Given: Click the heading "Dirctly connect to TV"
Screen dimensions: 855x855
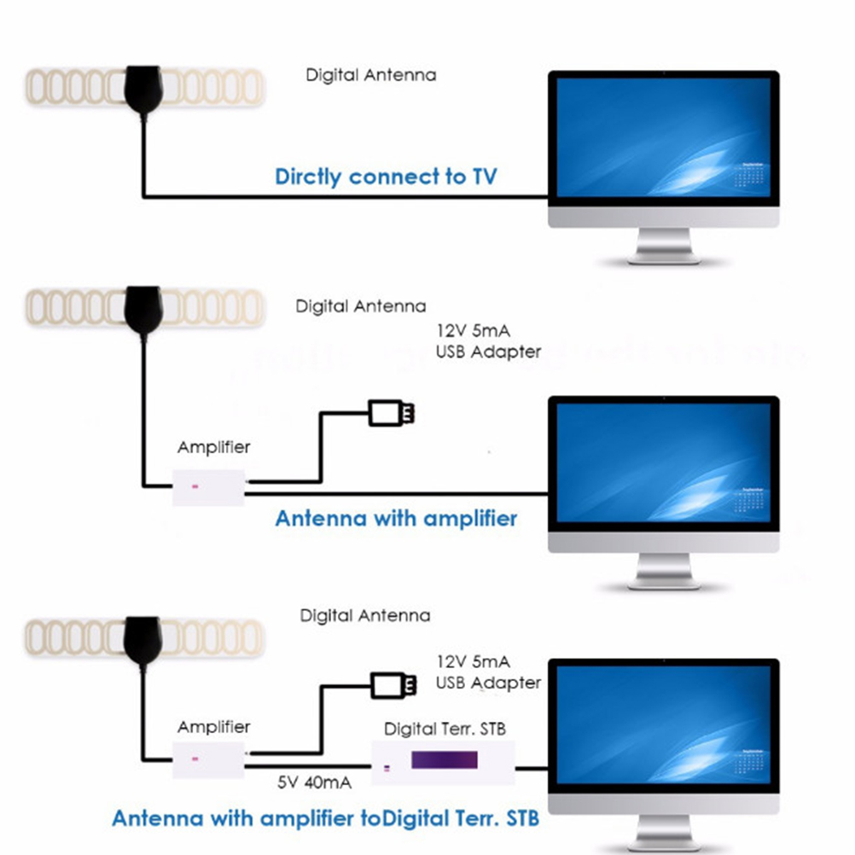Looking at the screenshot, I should point(386,177).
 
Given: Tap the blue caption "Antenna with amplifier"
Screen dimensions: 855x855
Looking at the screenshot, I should point(396,518).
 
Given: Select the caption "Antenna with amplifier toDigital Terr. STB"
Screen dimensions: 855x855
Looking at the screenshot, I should point(325,818).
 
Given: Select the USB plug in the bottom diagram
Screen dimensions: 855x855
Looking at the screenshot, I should point(394,684).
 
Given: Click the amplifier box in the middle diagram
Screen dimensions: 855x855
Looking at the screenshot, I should point(210,487).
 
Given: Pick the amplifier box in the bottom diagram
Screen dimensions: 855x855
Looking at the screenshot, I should point(210,757).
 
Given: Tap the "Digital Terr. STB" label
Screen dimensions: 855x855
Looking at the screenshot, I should point(445,729).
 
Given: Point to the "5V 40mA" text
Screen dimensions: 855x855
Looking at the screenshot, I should point(314,781).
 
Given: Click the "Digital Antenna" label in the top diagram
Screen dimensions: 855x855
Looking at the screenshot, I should point(371,75).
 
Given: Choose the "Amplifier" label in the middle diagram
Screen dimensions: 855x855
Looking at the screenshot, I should point(214,447).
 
